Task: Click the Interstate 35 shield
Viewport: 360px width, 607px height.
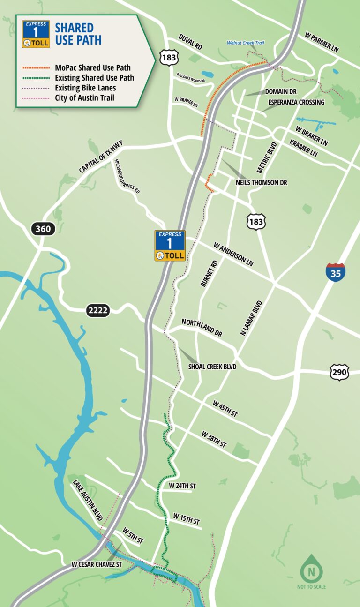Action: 336,271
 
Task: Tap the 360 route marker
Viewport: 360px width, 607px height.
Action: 44,229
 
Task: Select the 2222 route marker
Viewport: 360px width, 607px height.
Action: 97,310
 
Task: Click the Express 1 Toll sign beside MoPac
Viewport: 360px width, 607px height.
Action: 170,246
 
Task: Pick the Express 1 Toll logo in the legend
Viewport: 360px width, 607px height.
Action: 36,34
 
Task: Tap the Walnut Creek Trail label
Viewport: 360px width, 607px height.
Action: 246,43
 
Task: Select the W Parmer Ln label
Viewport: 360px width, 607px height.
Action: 322,42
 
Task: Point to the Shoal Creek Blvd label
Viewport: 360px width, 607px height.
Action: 212,367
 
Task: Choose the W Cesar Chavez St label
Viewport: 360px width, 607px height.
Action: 97,564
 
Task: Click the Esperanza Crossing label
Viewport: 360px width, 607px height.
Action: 296,102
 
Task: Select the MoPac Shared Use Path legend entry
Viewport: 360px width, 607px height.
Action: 92,67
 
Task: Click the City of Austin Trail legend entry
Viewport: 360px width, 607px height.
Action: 84,97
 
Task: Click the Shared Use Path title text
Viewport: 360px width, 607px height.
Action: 78,34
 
